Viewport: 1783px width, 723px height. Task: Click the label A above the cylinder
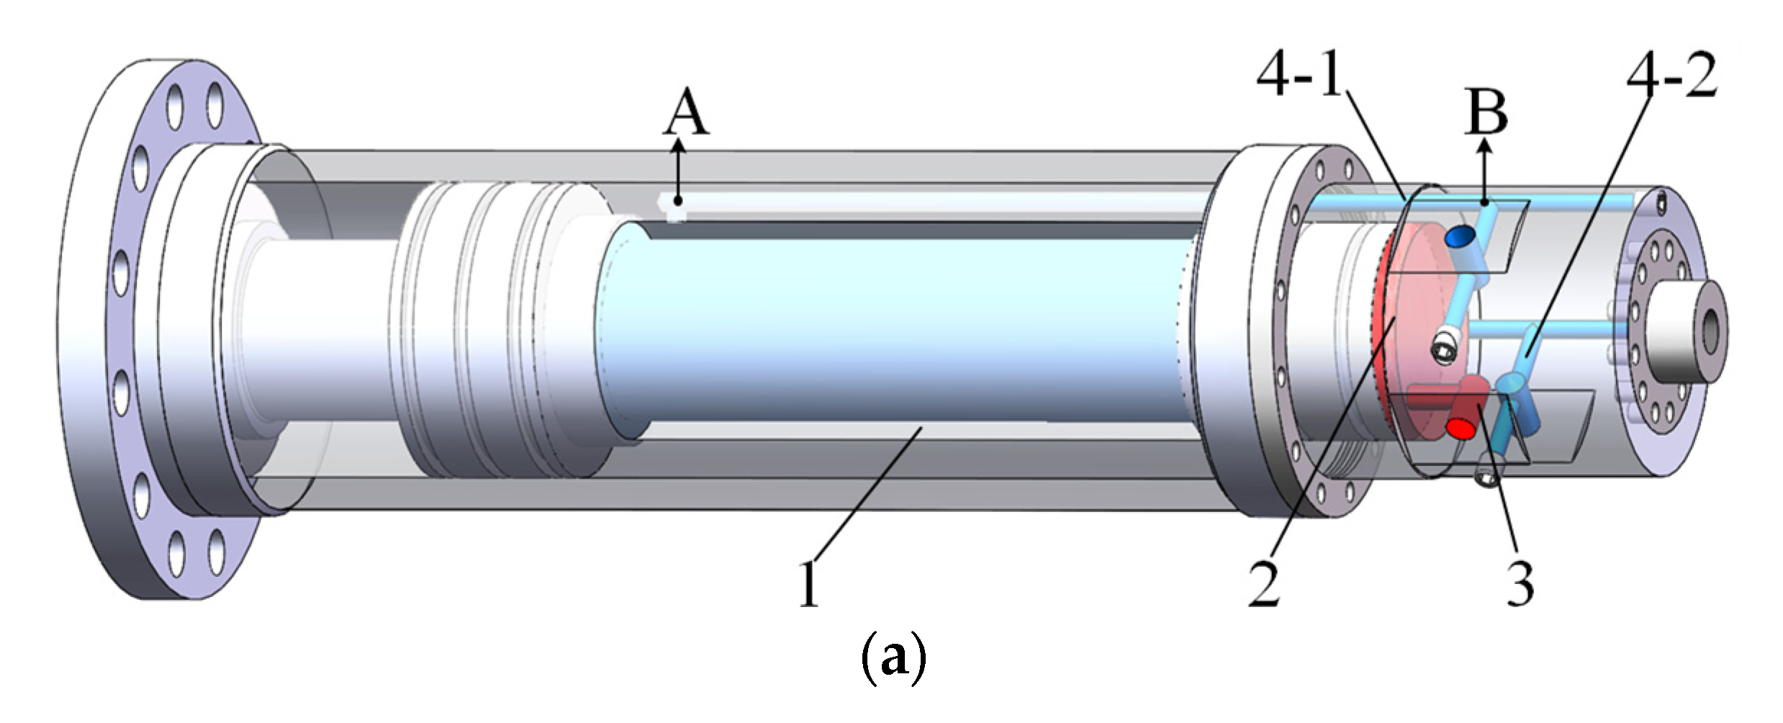[x=685, y=115]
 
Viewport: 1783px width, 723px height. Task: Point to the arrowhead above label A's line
[x=677, y=146]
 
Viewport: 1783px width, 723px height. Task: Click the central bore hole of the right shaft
[x=1710, y=330]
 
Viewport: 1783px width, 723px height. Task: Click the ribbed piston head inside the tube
[x=497, y=331]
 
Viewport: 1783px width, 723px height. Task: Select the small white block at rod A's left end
[x=674, y=210]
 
